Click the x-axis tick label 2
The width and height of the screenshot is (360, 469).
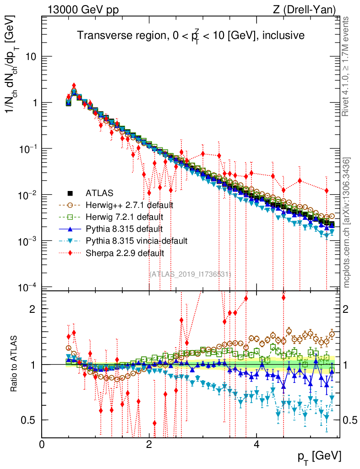pyautogui.click(x=149, y=444)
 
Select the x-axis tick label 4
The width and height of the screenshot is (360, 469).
pyautogui.click(x=256, y=444)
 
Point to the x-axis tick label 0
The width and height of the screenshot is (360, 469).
pyautogui.click(x=42, y=444)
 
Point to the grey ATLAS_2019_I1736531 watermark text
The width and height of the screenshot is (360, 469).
pyautogui.click(x=191, y=274)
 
